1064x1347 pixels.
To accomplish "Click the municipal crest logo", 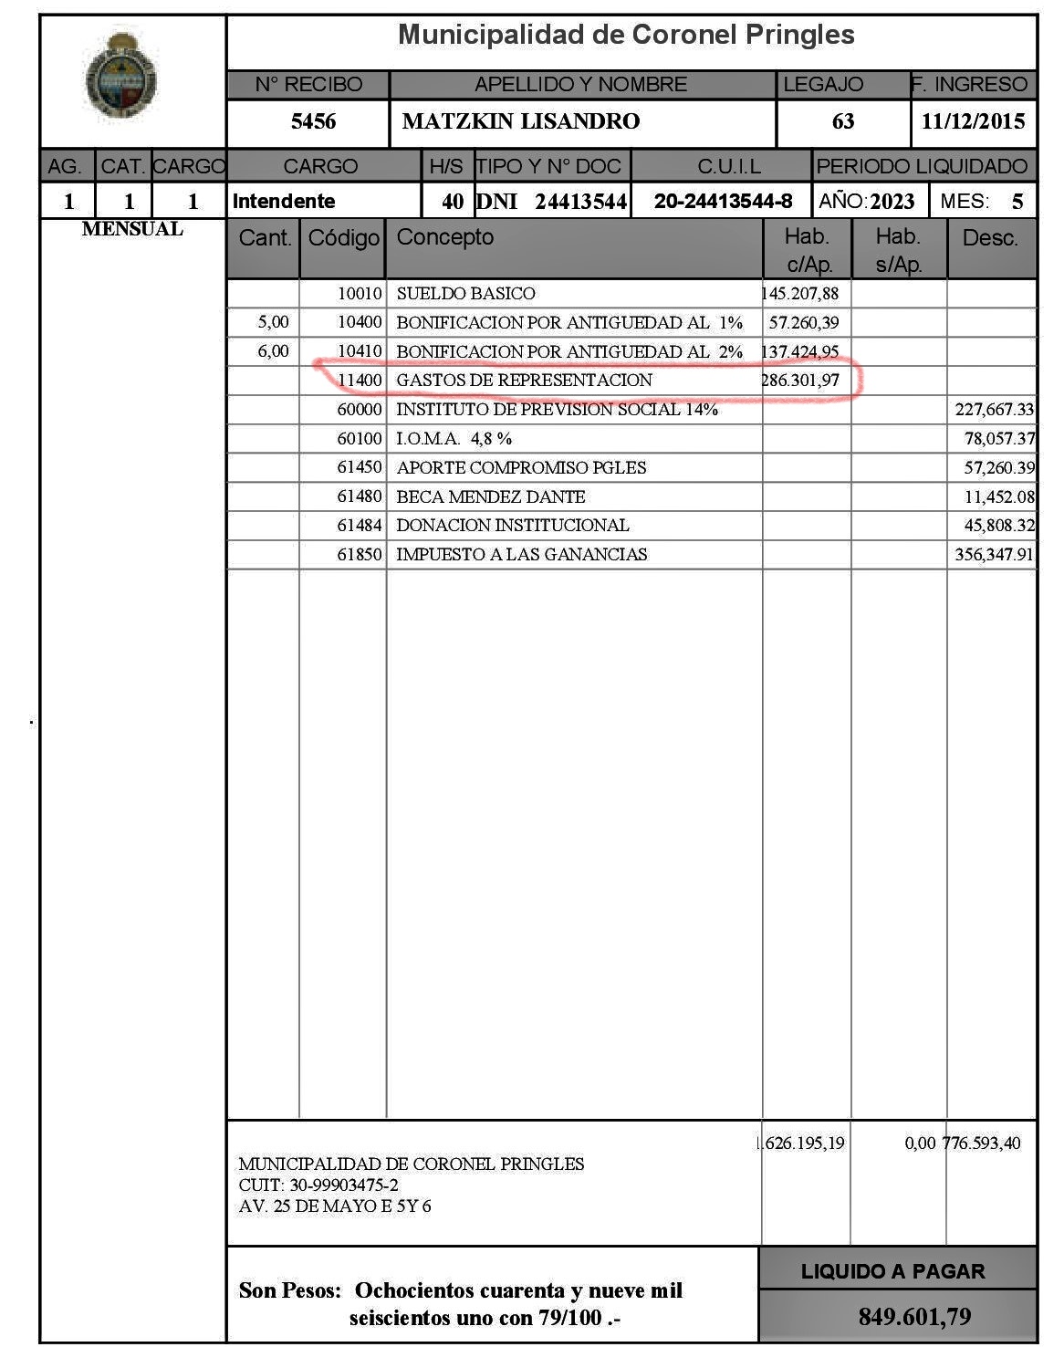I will click(x=120, y=78).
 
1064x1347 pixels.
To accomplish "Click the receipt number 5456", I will click(x=313, y=121).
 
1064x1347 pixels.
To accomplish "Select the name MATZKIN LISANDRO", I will click(x=521, y=121).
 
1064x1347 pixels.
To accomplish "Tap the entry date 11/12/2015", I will click(x=973, y=121).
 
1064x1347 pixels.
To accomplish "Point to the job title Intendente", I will click(x=284, y=201).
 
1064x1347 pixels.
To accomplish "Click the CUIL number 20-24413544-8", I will click(x=723, y=201).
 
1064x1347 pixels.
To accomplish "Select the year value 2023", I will click(x=892, y=202).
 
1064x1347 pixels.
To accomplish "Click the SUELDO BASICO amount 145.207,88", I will click(x=800, y=294).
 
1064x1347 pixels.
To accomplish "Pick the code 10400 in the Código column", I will click(x=360, y=322).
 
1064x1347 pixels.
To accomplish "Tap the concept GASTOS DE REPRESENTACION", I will click(x=524, y=381).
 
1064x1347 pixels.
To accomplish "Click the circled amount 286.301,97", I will click(x=800, y=381).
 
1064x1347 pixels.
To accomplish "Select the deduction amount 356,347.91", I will click(x=995, y=554).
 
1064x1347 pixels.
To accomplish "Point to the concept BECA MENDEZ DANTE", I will click(x=490, y=496).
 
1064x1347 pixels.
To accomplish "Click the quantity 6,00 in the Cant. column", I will click(x=273, y=351).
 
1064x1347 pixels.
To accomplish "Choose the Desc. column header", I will click(x=990, y=238).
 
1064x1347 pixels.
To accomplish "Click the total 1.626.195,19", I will click(x=801, y=1143).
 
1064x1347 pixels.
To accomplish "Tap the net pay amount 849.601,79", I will click(x=914, y=1317).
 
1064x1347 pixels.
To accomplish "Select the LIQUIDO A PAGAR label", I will click(x=892, y=1271).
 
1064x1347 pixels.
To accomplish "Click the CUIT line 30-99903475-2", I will click(x=318, y=1185).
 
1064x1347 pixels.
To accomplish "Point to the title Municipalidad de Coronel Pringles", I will click(x=626, y=36).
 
